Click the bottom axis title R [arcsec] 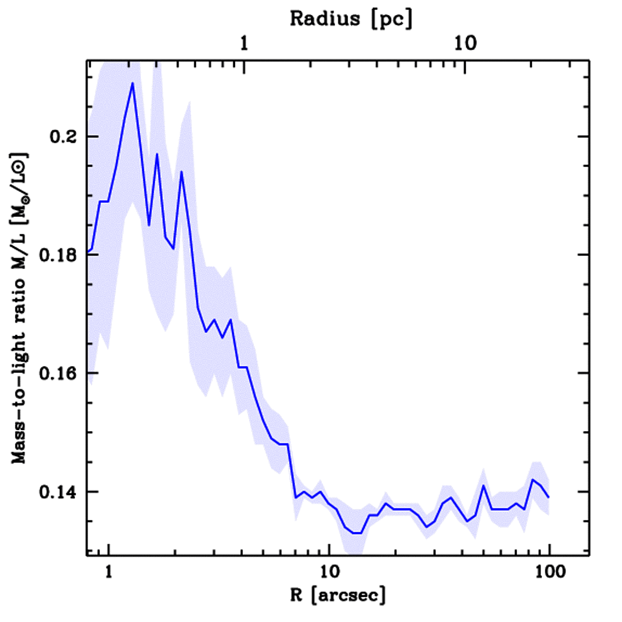point(329,595)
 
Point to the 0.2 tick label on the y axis point(65,137)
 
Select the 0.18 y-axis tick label point(60,255)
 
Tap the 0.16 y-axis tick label point(60,373)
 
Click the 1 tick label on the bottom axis point(109,573)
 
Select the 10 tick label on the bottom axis point(329,573)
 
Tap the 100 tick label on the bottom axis point(549,573)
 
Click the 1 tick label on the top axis point(244,44)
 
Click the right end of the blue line point(549,497)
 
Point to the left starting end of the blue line point(88,251)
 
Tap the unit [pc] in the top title point(394,18)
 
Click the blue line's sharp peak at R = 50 point(484,485)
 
